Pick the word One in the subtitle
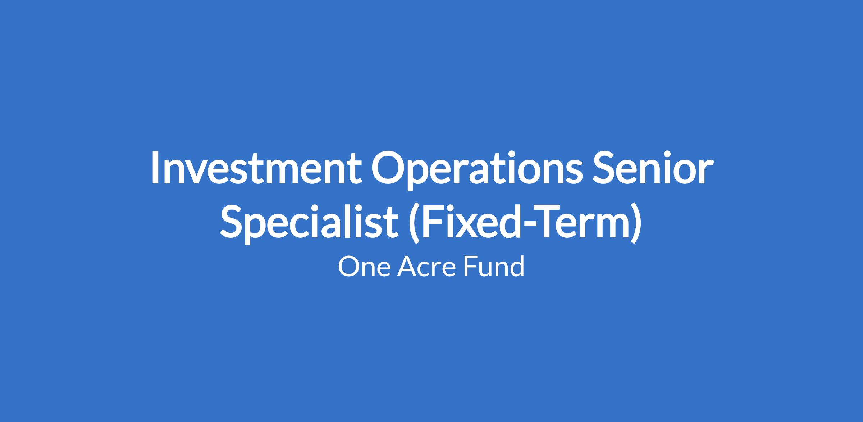pos(364,267)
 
